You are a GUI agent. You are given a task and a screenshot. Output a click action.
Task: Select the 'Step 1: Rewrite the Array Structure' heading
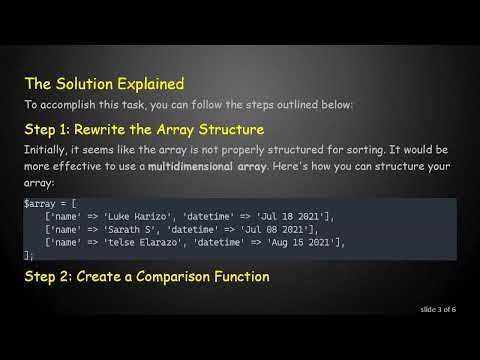144,129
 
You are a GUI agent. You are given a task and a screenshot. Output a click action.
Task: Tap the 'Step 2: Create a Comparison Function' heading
146,275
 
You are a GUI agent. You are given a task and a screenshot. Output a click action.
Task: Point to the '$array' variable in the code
39,204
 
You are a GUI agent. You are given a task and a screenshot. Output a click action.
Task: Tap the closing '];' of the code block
29,255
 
